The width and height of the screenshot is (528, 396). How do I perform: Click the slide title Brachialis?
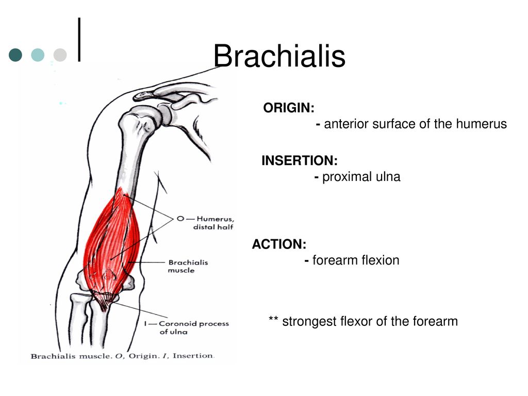coord(279,56)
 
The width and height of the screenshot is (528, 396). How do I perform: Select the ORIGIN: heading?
coord(289,108)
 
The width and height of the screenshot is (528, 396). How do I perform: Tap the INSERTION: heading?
coord(300,160)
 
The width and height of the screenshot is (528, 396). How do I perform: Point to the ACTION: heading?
coord(279,244)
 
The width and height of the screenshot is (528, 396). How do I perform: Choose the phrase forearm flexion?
coord(356,260)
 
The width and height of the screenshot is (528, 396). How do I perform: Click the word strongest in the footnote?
coord(309,322)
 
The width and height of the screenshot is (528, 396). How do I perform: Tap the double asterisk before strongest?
coord(273,319)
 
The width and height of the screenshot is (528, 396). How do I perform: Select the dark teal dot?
coord(15,55)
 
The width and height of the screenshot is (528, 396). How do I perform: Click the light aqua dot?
coord(38,55)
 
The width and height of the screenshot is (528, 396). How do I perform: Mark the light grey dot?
coord(60,55)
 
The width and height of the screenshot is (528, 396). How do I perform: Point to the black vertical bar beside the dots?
coord(79,39)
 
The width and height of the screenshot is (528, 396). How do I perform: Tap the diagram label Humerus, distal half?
coord(213,223)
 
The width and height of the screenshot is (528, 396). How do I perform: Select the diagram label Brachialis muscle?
coord(188,267)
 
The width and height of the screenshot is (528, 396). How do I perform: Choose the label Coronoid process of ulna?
coord(194,327)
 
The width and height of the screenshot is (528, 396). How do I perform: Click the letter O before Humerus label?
coord(180,219)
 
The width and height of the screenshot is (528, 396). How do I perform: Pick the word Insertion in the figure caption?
coord(193,356)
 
